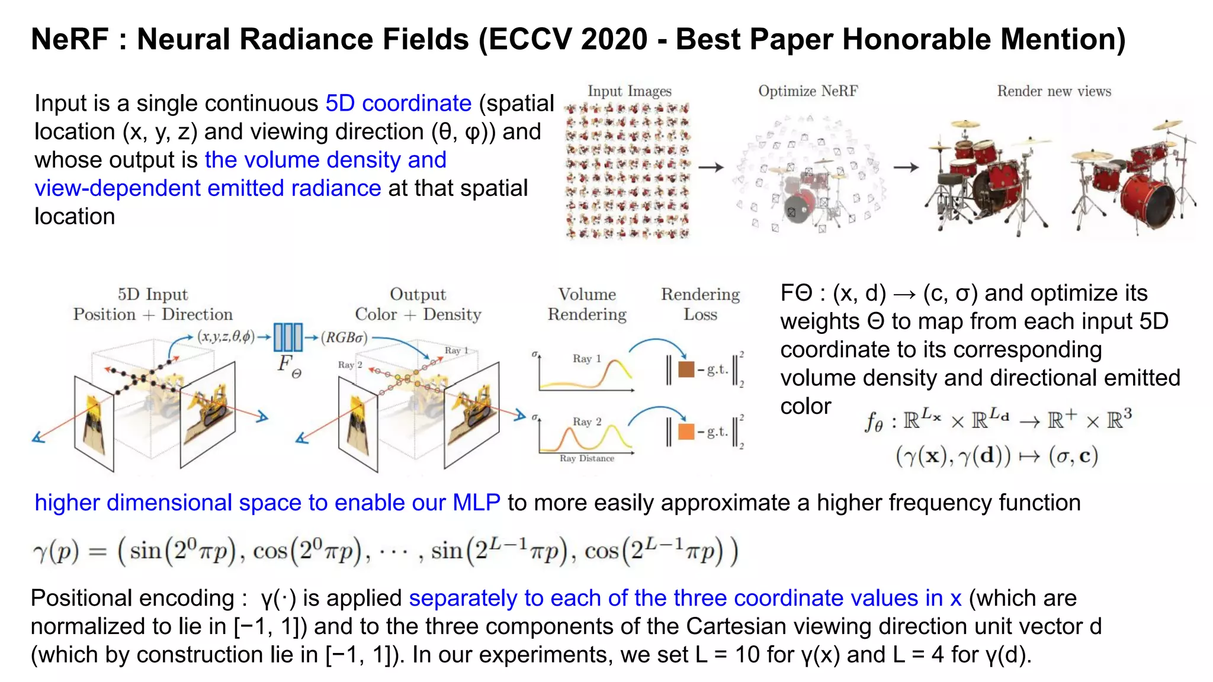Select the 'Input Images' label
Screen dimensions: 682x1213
coord(629,91)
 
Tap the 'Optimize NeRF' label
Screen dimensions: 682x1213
coord(808,91)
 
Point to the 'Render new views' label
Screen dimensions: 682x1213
coord(1054,91)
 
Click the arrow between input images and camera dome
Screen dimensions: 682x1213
coord(711,168)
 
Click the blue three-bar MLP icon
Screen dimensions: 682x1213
coord(288,337)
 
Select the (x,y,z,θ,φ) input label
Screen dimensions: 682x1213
coord(226,337)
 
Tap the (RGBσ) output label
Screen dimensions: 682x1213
coord(344,338)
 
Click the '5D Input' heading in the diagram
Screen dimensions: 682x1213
coord(152,294)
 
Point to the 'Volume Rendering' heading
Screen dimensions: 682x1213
coord(587,304)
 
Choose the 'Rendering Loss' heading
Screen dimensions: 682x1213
coord(700,304)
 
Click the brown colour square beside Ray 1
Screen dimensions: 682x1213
coord(686,369)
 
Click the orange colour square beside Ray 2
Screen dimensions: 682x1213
coord(686,432)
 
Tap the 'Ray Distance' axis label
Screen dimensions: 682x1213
coord(586,458)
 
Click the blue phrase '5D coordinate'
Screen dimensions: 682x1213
coord(398,104)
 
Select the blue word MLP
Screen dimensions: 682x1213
coord(476,503)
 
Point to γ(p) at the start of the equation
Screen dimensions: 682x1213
coord(56,552)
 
